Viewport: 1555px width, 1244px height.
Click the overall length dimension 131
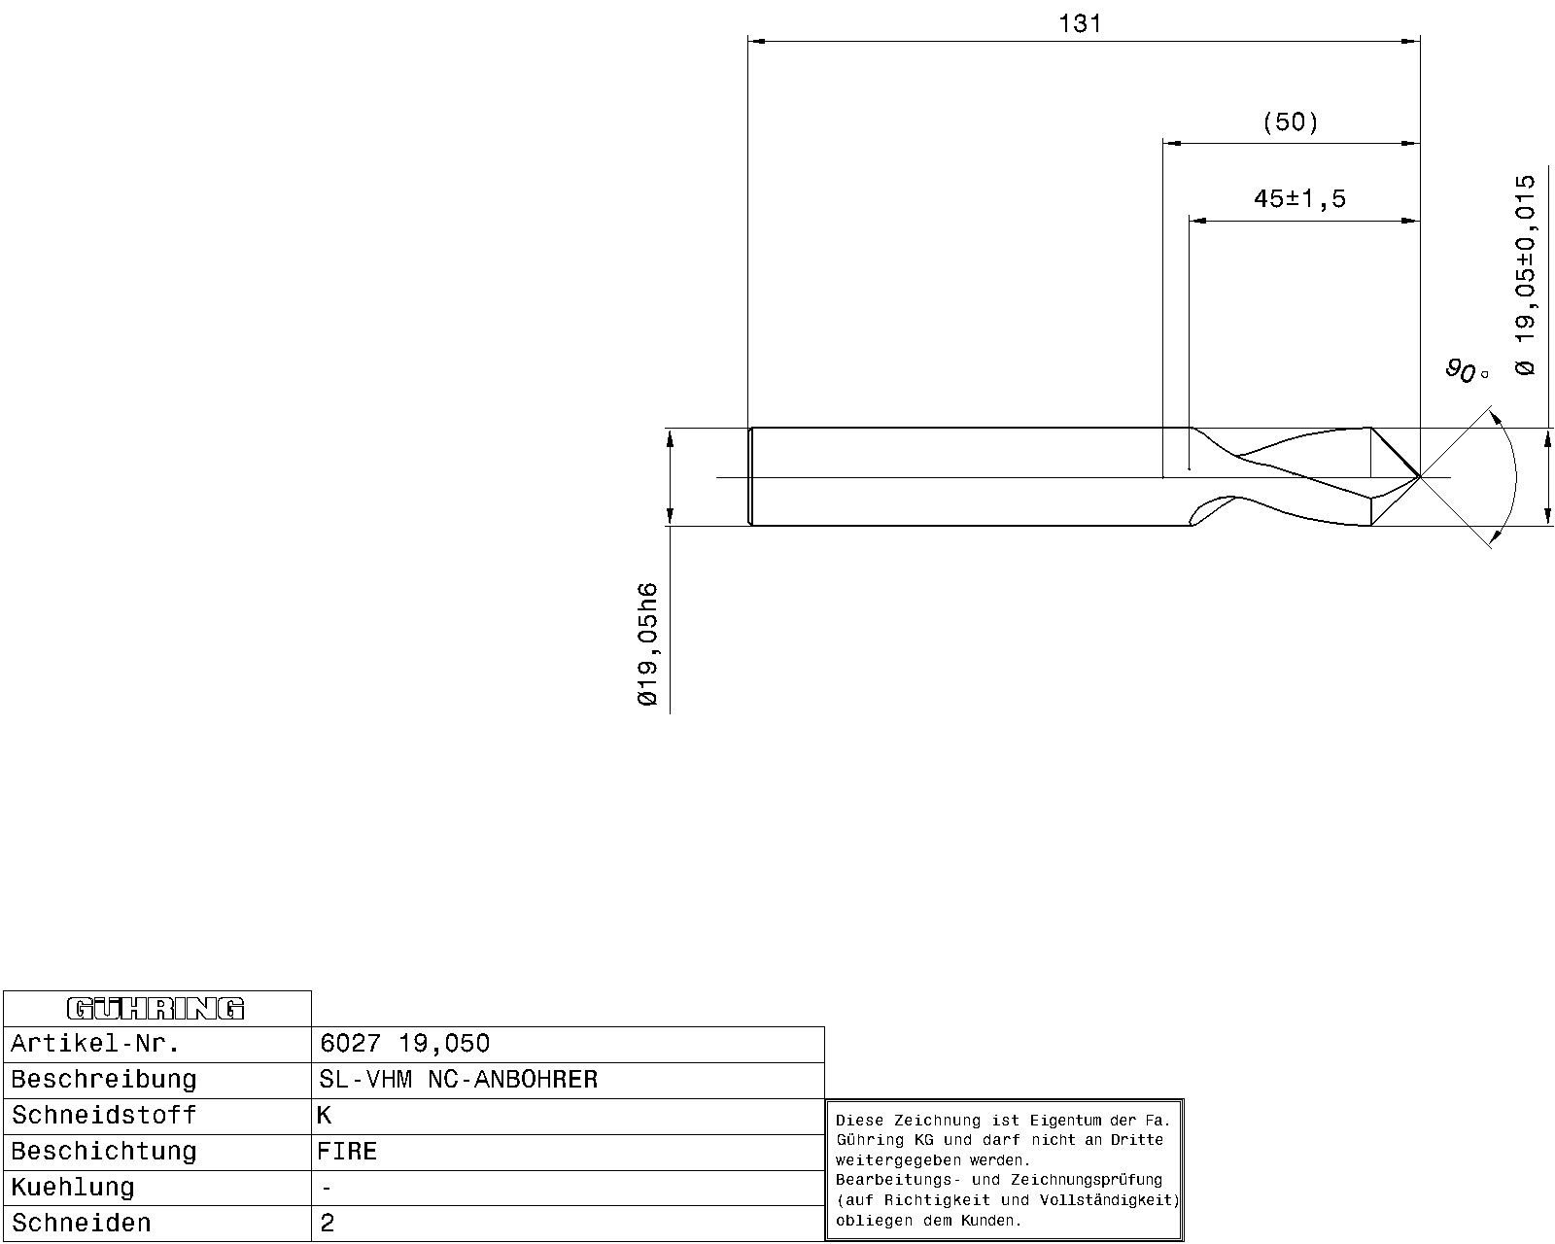click(1080, 24)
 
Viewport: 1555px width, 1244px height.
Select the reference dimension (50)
click(1291, 121)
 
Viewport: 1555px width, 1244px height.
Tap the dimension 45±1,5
click(1300, 199)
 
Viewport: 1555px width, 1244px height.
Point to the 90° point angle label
click(1467, 371)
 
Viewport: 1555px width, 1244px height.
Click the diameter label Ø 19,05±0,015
click(1525, 275)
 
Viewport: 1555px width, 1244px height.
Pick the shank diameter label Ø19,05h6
click(648, 644)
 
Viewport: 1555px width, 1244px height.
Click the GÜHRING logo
click(156, 1009)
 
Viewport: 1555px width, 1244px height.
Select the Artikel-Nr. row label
click(94, 1044)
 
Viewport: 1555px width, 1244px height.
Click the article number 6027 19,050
click(404, 1043)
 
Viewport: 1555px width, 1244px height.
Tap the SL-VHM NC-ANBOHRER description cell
click(458, 1079)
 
